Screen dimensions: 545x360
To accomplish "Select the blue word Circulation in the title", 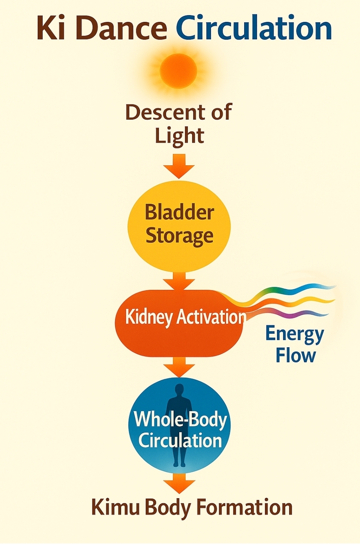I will (254, 28).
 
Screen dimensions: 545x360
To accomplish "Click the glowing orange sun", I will (178, 71).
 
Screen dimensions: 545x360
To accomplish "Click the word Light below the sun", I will (179, 136).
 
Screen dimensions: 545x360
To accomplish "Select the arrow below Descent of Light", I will (179, 166).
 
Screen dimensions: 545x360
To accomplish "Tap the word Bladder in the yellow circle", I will (179, 212).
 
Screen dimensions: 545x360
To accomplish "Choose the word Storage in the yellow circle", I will (179, 236).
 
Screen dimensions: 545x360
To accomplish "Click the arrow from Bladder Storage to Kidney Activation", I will (179, 282).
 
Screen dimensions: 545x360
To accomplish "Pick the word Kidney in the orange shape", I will (149, 317).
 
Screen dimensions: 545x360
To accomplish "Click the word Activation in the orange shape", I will (211, 317).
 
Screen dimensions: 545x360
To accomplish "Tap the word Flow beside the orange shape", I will (295, 356).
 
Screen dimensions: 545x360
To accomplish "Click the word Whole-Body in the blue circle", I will (180, 419).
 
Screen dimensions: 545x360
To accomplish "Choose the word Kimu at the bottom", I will (115, 508).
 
